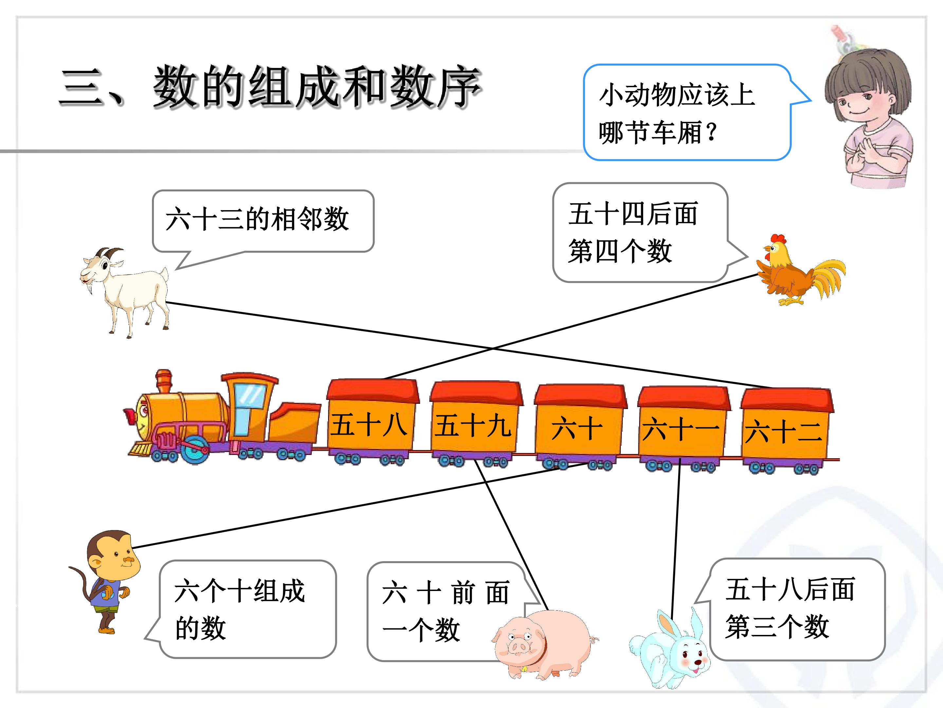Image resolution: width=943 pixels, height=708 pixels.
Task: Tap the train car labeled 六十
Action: [580, 427]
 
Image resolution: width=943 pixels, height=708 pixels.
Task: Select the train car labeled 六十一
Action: [683, 428]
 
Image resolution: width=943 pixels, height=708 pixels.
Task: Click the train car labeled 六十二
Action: [786, 431]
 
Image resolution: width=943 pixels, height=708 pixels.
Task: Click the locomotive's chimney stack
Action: [163, 381]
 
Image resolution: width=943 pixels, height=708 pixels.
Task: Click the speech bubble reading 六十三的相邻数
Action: [263, 221]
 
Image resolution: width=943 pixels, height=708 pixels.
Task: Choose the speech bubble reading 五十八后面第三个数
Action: [796, 609]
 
